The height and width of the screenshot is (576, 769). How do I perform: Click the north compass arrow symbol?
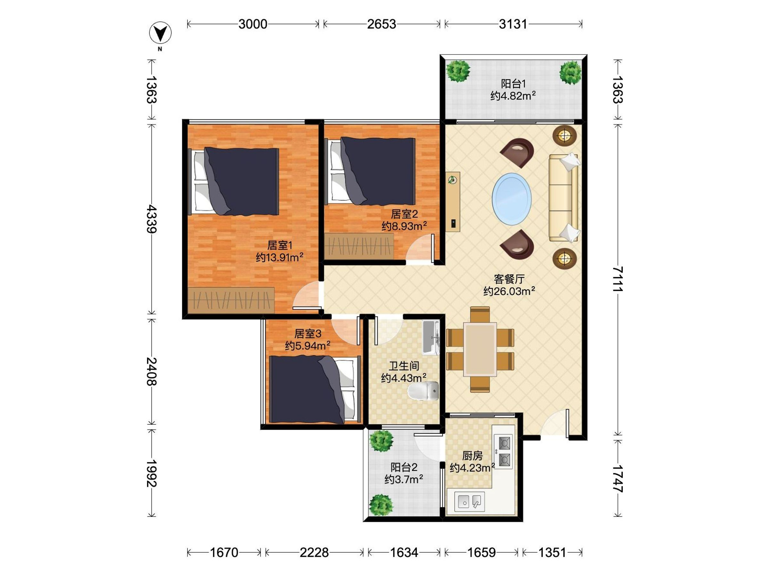[160, 34]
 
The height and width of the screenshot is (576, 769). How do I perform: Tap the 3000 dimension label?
[253, 24]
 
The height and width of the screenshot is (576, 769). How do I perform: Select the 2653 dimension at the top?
[381, 24]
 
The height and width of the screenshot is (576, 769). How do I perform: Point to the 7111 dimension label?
[617, 279]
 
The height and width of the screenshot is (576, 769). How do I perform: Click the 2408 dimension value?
[152, 372]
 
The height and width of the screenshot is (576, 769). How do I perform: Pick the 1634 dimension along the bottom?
[404, 552]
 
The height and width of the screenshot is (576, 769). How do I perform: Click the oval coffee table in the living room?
[511, 199]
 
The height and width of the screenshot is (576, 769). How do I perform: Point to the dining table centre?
[480, 349]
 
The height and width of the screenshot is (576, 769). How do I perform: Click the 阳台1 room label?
[513, 84]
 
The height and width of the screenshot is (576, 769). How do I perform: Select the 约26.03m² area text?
[509, 291]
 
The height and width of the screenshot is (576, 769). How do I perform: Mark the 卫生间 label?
[404, 365]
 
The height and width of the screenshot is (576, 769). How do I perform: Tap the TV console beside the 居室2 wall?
[453, 202]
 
